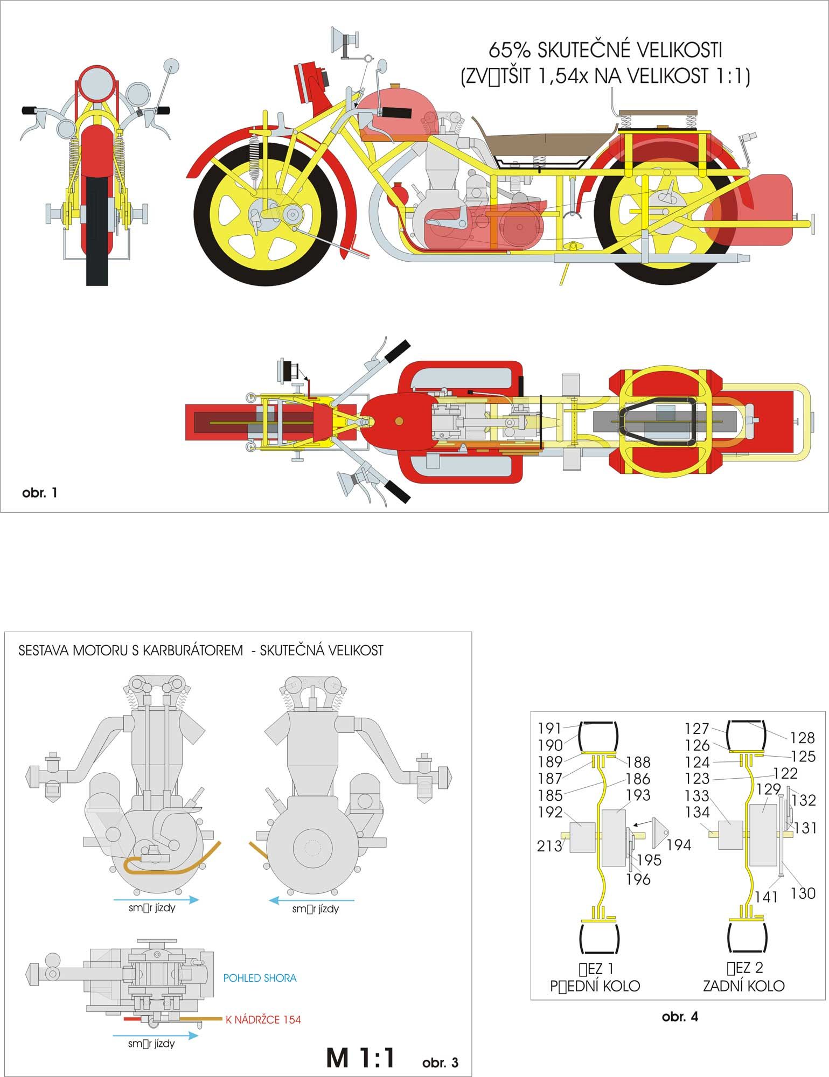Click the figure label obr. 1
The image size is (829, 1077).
point(39,492)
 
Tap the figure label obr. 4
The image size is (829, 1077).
point(680,1016)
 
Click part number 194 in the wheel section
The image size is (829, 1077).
point(679,845)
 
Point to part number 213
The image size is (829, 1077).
point(549,846)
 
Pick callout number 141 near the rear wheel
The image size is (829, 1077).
point(765,897)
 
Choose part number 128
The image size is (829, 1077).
point(802,738)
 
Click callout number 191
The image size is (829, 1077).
point(550,728)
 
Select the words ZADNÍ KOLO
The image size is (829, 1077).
point(743,985)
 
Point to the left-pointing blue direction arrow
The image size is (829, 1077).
point(312,899)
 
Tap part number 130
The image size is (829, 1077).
point(803,893)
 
